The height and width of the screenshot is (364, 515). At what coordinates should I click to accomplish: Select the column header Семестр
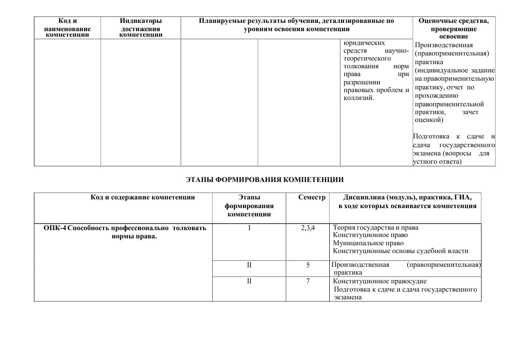click(x=311, y=198)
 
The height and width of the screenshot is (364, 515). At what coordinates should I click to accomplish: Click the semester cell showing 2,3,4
click(x=308, y=227)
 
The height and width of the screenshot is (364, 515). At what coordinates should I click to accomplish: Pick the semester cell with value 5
click(x=308, y=265)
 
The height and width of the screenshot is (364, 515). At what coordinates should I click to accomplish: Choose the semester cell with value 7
click(x=308, y=281)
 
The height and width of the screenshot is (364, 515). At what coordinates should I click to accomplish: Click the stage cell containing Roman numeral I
click(x=249, y=227)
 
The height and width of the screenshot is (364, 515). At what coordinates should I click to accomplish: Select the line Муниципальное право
click(x=368, y=243)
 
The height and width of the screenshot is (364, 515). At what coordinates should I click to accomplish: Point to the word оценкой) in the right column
click(x=429, y=120)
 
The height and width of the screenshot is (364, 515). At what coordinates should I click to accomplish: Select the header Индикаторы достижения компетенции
click(x=141, y=28)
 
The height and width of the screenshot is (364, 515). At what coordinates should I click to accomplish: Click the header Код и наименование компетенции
click(x=68, y=28)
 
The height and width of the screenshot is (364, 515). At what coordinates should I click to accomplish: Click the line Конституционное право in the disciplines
click(x=370, y=235)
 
